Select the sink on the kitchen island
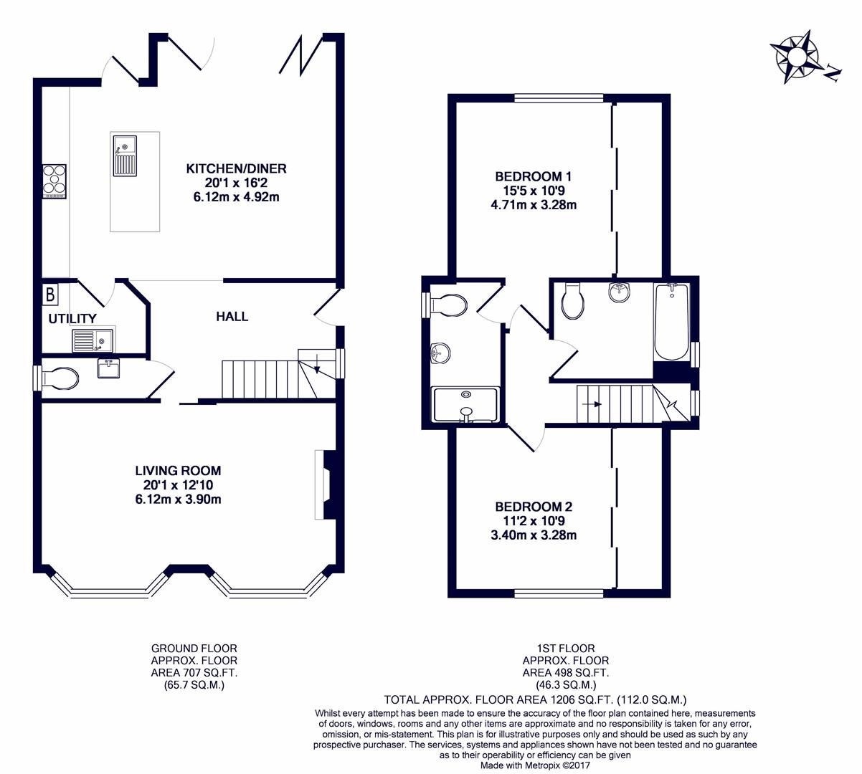pos(124,156)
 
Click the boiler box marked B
pos(51,294)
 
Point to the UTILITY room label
pos(72,318)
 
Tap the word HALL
pos(232,316)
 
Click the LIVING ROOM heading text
pos(178,471)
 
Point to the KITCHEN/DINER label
pos(236,168)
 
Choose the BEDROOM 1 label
pos(533,176)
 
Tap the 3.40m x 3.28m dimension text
pos(533,535)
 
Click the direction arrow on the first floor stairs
pos(592,404)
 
